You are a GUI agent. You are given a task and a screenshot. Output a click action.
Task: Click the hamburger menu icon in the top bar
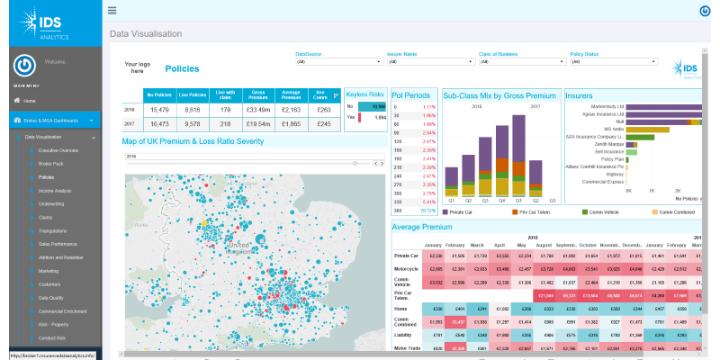coord(112,11)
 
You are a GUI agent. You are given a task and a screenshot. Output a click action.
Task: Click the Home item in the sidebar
coord(30,101)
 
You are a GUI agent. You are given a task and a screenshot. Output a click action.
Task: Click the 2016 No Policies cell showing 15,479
coord(157,109)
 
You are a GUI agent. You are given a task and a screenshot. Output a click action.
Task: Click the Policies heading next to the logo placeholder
coord(182,68)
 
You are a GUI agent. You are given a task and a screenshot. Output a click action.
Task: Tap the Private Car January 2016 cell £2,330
coord(435,256)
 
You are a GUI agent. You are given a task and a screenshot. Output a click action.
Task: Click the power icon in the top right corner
coord(705,11)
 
